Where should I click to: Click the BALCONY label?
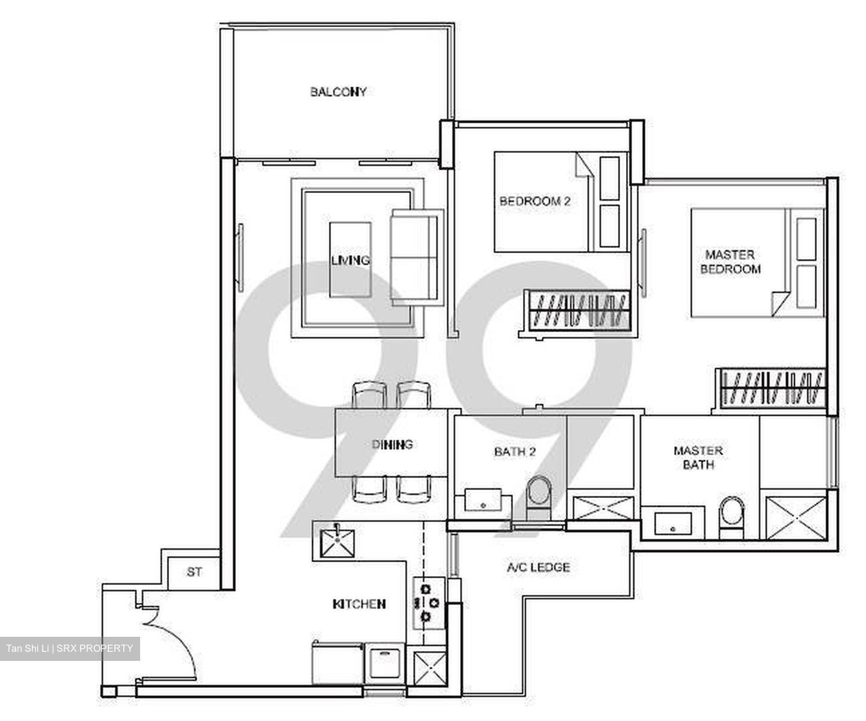(338, 92)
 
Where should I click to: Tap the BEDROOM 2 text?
(535, 201)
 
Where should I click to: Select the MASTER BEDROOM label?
(730, 262)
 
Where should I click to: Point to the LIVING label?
(350, 260)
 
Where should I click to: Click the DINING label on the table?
(392, 444)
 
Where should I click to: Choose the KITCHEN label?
(359, 604)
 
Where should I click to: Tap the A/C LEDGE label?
(538, 567)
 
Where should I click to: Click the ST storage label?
(194, 572)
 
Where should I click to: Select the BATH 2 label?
(514, 451)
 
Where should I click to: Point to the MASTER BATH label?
(698, 458)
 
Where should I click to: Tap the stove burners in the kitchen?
(427, 602)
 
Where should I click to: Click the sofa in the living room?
(416, 257)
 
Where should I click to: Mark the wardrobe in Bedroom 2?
(576, 309)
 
